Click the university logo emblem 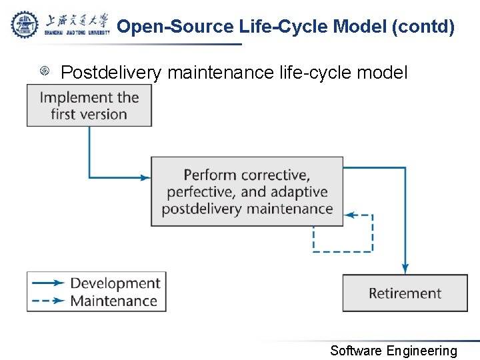pyautogui.click(x=25, y=25)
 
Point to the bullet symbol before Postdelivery pyautogui.click(x=45, y=71)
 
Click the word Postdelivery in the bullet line pyautogui.click(x=111, y=72)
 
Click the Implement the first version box pyautogui.click(x=89, y=105)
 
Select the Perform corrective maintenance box pyautogui.click(x=247, y=191)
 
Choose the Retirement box pyautogui.click(x=405, y=293)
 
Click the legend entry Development pyautogui.click(x=115, y=283)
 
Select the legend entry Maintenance pyautogui.click(x=113, y=301)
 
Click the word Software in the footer pyautogui.click(x=356, y=351)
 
